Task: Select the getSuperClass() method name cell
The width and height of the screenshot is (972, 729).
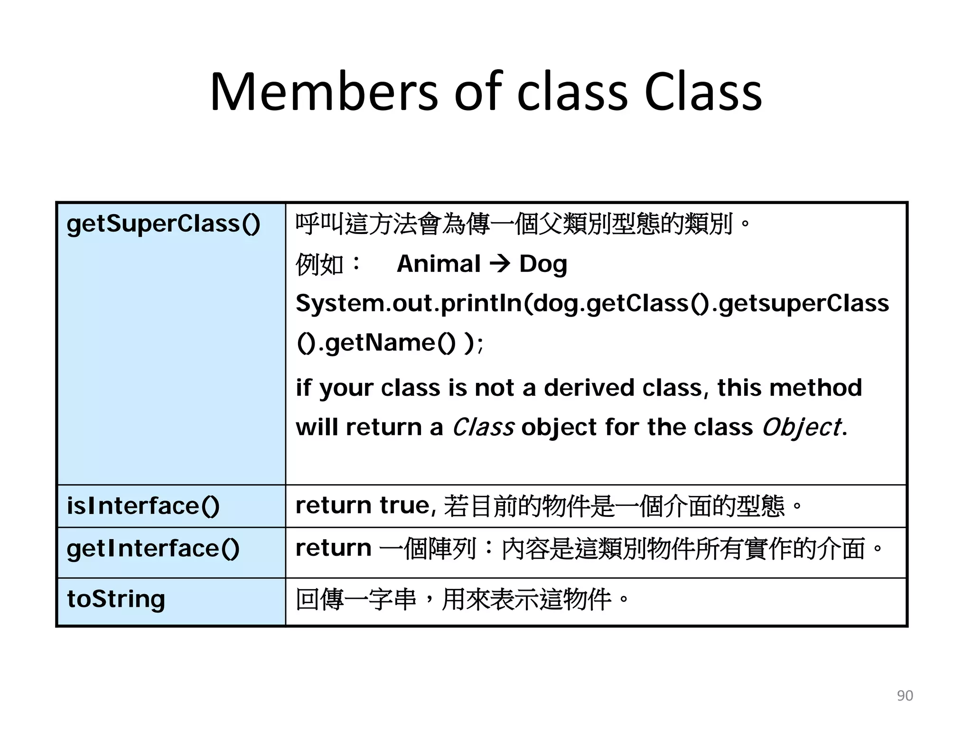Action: (163, 224)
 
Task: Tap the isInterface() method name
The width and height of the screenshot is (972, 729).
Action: (143, 506)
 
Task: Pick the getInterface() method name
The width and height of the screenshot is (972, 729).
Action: (153, 549)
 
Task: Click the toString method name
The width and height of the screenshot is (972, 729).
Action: (116, 599)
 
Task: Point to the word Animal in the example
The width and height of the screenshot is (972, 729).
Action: (439, 264)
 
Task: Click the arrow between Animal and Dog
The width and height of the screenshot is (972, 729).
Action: (500, 264)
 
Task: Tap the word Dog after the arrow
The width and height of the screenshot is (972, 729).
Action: (543, 264)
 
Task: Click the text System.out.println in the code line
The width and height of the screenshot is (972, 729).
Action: (408, 304)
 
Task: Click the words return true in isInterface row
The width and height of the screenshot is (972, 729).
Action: (363, 505)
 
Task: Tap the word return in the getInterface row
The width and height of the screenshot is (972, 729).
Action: (333, 548)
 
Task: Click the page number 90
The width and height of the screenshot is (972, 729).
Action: (905, 695)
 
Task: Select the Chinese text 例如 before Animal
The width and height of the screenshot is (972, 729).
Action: (319, 264)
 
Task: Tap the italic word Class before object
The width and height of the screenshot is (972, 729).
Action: (483, 427)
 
